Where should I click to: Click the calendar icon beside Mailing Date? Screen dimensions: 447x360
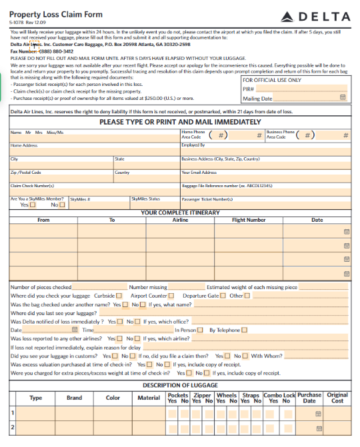pyautogui.click(x=343, y=98)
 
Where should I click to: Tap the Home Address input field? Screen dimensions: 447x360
pyautogui.click(x=93, y=151)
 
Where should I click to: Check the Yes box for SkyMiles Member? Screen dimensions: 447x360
pyautogui.click(x=32, y=205)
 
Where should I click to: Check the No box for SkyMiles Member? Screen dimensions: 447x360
pyautogui.click(x=62, y=205)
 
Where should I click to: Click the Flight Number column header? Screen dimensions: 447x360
pyautogui.click(x=249, y=220)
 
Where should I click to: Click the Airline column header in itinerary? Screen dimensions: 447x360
pyautogui.click(x=180, y=220)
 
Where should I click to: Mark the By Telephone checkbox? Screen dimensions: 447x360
pyautogui.click(x=244, y=330)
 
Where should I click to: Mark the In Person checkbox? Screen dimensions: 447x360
pyautogui.click(x=201, y=330)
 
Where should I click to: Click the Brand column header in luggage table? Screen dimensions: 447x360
pyautogui.click(x=74, y=398)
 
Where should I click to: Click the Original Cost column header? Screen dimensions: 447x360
pyautogui.click(x=337, y=398)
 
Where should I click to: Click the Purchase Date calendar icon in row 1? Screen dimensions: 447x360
pyautogui.click(x=319, y=414)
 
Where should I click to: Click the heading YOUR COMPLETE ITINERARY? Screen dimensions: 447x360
pyautogui.click(x=180, y=213)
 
